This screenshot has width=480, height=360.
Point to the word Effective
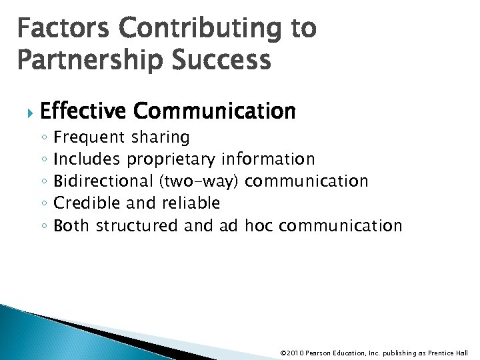click(x=82, y=111)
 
